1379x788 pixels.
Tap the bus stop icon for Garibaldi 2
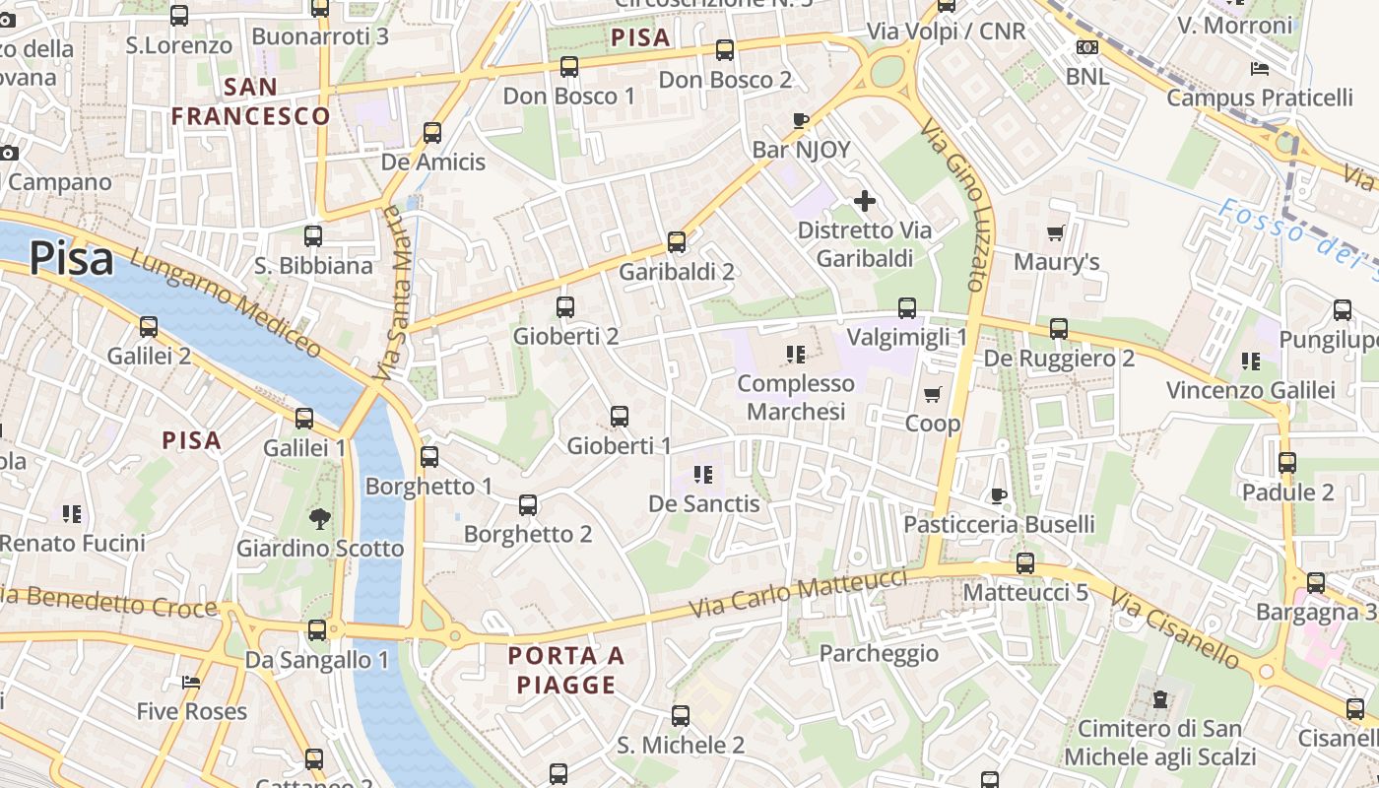pos(677,241)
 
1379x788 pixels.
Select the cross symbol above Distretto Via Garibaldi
pos(865,202)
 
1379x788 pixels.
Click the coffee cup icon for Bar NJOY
pos(801,121)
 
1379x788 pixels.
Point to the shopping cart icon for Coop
pos(932,394)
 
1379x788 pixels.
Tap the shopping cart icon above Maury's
pos(1056,233)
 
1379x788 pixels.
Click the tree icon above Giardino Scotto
pos(319,518)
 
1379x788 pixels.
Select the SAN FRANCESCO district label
pos(250,101)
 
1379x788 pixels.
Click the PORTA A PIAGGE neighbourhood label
pos(565,670)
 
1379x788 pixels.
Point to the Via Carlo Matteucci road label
pos(798,593)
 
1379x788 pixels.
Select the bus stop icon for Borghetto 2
pos(528,505)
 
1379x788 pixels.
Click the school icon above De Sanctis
pos(703,475)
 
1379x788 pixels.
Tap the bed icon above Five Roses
pos(191,683)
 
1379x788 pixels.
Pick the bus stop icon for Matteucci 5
pos(1025,563)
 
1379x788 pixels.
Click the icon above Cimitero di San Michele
pos(1160,700)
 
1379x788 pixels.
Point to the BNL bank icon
pos(1087,47)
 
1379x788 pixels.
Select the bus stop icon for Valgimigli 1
pos(907,308)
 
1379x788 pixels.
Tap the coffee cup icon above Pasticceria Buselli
pos(999,495)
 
